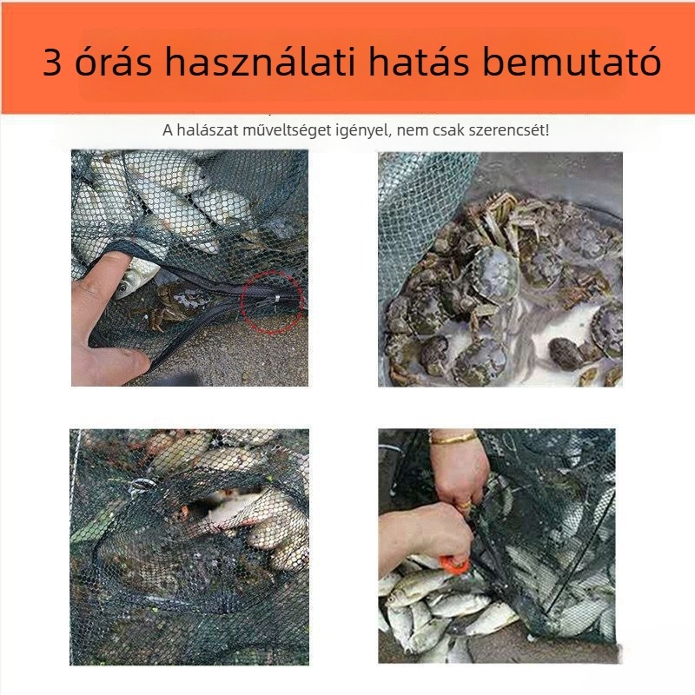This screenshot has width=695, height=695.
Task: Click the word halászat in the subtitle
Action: point(205,129)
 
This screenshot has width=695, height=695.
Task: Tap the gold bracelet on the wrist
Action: point(453,438)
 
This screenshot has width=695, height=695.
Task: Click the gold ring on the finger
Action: point(466,504)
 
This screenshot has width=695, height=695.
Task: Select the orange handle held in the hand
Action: point(454,565)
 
